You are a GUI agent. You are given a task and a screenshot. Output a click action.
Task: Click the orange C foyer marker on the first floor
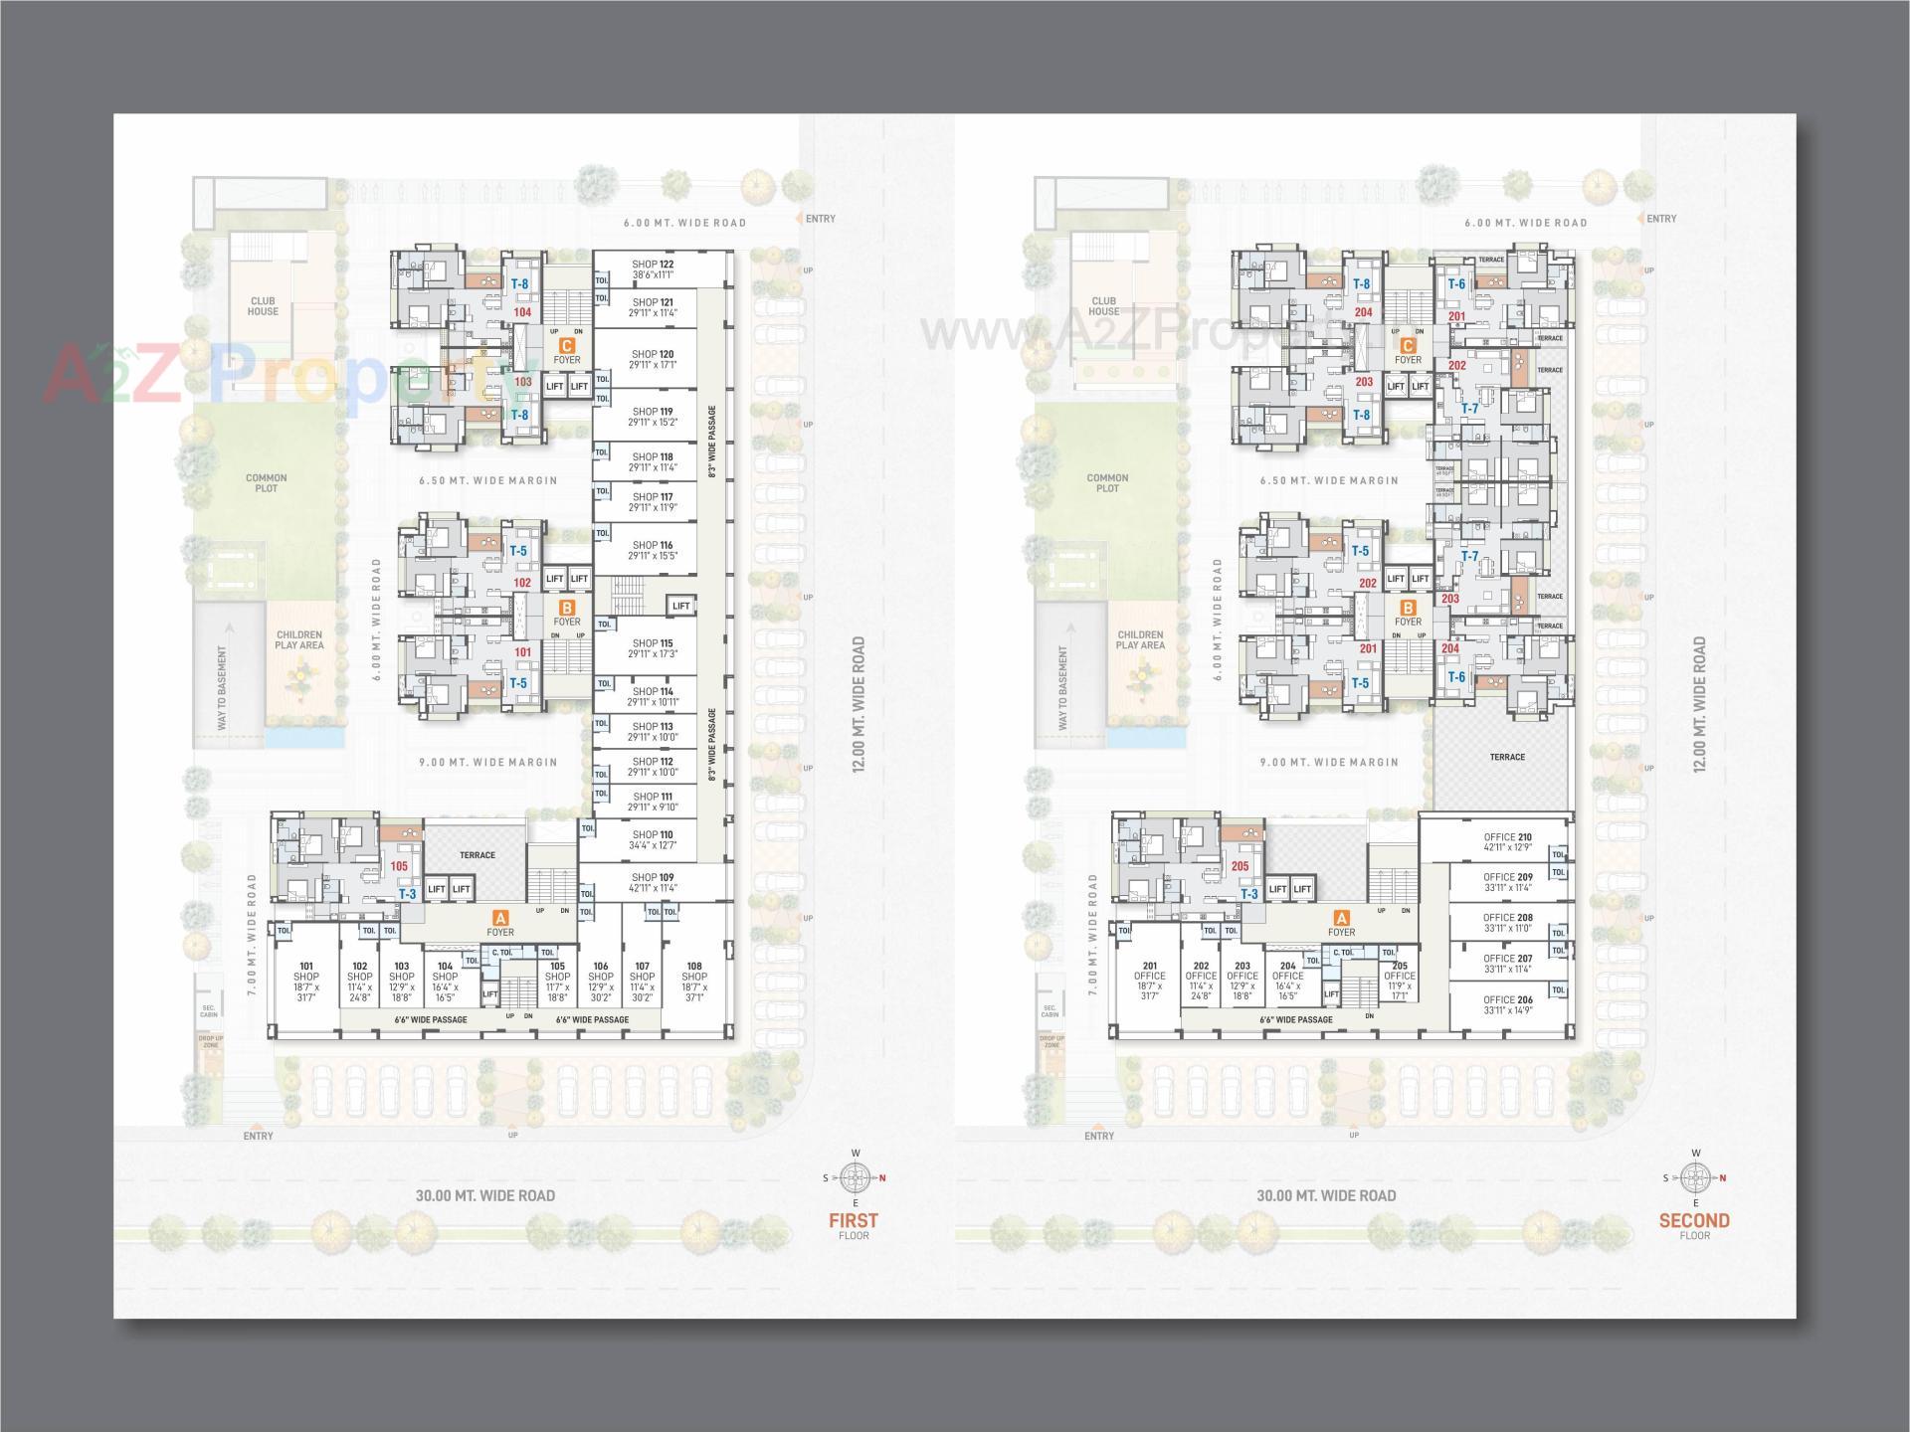[x=567, y=345]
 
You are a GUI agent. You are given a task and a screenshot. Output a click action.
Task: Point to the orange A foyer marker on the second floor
[x=1341, y=918]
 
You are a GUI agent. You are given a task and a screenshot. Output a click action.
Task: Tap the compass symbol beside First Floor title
[x=855, y=1178]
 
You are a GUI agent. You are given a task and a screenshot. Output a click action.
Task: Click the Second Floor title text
[x=1694, y=1221]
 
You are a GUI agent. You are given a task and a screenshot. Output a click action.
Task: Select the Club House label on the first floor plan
[x=264, y=306]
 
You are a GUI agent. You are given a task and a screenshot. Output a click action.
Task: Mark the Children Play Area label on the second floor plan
[x=1140, y=639]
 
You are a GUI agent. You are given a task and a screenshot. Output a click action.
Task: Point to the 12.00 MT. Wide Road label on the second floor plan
[x=1699, y=704]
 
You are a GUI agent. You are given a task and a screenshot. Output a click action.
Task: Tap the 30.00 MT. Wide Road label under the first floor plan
[x=485, y=1195]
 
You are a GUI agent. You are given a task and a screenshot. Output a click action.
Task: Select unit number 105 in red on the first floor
[x=399, y=866]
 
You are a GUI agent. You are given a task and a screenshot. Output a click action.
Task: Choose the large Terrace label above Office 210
[x=1507, y=757]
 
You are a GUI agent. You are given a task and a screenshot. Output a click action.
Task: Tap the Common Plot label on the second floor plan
[x=1107, y=483]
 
